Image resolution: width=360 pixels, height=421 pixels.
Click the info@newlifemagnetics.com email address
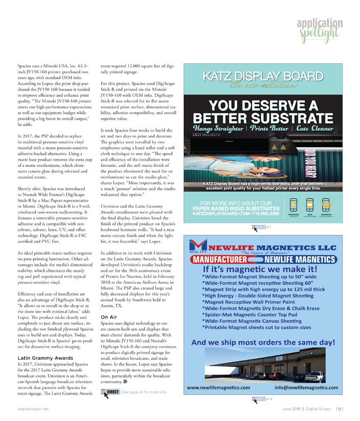tap(306, 388)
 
